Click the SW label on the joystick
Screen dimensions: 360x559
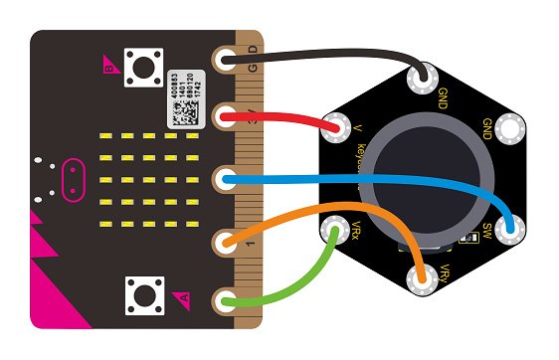(487, 233)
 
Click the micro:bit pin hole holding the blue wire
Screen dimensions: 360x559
(228, 179)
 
